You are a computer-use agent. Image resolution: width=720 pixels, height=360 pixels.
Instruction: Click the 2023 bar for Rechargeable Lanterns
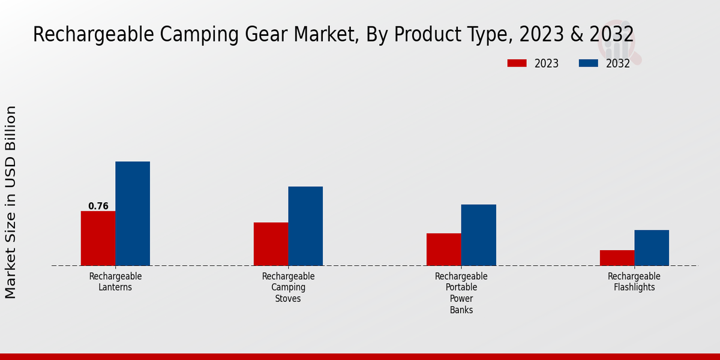(98, 238)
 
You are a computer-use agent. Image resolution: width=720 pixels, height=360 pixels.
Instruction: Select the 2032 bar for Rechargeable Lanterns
(133, 214)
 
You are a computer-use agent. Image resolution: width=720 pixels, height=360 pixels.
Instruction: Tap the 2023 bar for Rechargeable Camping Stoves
(271, 244)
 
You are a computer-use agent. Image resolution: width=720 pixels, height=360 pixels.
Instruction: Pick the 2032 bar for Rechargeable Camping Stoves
(305, 226)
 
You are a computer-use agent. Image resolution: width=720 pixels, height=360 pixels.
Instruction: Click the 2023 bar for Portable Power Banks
(444, 250)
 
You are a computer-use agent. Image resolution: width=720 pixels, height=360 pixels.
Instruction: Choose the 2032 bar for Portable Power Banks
(479, 235)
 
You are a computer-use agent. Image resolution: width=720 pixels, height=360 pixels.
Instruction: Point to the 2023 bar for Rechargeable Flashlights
(617, 258)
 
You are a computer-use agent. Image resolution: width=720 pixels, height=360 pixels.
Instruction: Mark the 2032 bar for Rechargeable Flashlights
(652, 248)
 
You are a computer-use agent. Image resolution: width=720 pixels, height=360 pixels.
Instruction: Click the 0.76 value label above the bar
(98, 206)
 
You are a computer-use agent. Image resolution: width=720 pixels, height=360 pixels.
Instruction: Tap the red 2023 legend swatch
(517, 63)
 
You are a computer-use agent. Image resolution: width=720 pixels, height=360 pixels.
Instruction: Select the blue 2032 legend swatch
(588, 63)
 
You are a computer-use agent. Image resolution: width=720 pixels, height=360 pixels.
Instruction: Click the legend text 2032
(617, 64)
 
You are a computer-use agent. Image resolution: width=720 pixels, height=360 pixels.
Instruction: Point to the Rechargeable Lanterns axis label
(115, 282)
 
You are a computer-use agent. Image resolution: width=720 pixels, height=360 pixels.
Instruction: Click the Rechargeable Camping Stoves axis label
(288, 287)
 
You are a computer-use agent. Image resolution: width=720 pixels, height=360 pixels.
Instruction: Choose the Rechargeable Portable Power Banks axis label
(461, 293)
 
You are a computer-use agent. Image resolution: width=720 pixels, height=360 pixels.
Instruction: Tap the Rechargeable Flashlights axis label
(634, 282)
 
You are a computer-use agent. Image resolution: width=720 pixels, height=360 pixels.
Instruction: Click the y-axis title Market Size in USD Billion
(11, 202)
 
